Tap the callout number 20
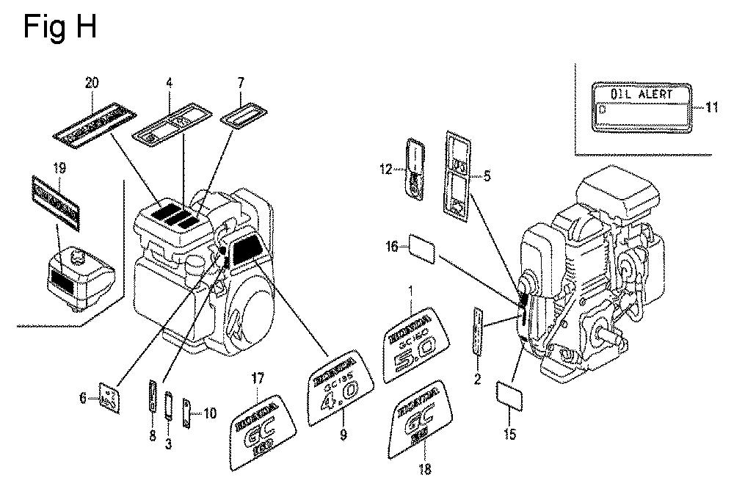(91, 84)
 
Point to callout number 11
(712, 107)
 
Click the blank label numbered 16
(423, 248)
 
